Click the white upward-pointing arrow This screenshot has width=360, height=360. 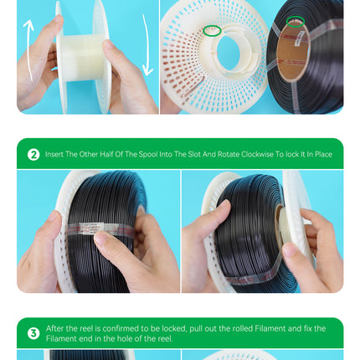tap(29, 50)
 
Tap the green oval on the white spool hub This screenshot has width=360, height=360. tap(212, 30)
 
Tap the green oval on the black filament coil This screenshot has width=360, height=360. tap(296, 22)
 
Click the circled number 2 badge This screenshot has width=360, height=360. tap(33, 154)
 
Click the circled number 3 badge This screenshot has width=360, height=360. tap(33, 333)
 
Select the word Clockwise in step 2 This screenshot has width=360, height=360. tap(257, 154)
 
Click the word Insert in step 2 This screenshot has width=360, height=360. tap(54, 154)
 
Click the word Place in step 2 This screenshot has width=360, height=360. tap(324, 154)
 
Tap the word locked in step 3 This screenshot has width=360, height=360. tap(174, 328)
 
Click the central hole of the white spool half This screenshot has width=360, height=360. tap(228, 53)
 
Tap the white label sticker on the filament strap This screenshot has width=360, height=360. tap(90, 228)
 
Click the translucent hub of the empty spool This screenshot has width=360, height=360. tap(81, 59)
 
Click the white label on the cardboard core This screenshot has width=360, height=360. tap(299, 38)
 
